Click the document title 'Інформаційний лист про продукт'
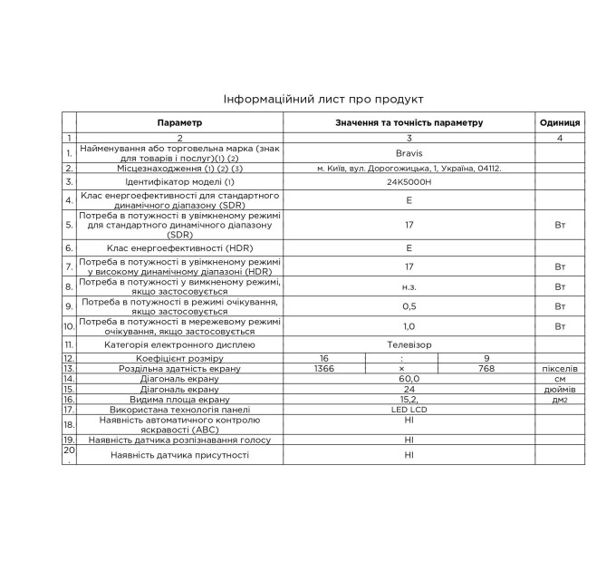(x=323, y=99)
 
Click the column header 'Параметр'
(x=179, y=122)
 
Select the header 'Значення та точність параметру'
(x=409, y=122)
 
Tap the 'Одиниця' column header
(x=560, y=122)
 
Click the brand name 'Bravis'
(x=409, y=153)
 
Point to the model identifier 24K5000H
(x=409, y=182)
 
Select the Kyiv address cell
(x=409, y=168)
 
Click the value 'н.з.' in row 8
(x=409, y=286)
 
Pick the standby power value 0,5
(x=409, y=306)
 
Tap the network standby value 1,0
(x=409, y=326)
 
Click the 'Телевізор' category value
(x=409, y=345)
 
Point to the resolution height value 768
(x=486, y=369)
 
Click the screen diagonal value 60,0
(x=409, y=379)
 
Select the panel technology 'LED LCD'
(x=409, y=409)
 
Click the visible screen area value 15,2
(x=409, y=399)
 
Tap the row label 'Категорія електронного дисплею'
(x=179, y=345)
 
